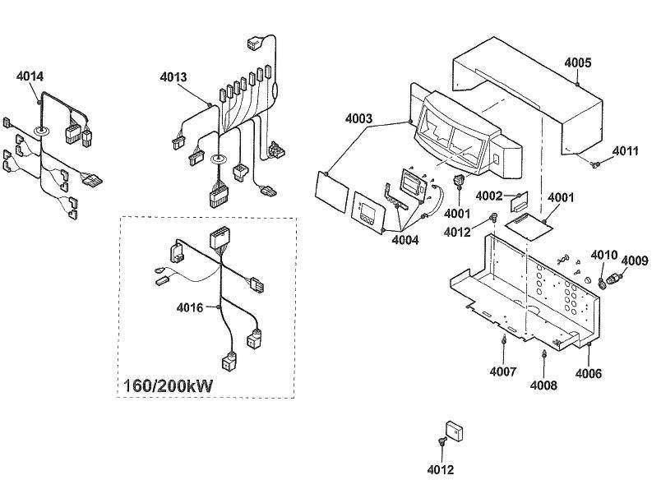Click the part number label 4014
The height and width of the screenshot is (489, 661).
[x=30, y=76]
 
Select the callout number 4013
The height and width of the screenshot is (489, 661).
[x=173, y=77]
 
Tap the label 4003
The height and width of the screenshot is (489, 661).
[x=358, y=118]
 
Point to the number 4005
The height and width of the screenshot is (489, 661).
[x=577, y=62]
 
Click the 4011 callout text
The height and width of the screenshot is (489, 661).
[x=626, y=150]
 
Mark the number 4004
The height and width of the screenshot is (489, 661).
[x=404, y=240]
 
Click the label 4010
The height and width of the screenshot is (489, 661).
[x=604, y=254]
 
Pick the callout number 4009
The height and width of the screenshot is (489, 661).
[x=634, y=261]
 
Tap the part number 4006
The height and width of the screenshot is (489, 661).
[x=588, y=373]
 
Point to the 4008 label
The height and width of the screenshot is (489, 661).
[x=543, y=385]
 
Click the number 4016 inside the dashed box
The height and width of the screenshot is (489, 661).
[x=190, y=308]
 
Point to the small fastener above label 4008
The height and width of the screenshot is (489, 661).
[x=543, y=355]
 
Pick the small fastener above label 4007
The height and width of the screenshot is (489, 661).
[x=502, y=340]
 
